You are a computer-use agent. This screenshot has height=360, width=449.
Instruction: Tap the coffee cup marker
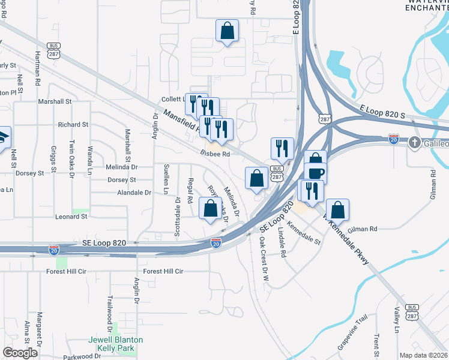pyautogui.click(x=315, y=173)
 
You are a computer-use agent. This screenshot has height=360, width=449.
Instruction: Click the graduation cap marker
pyautogui.click(x=2, y=136)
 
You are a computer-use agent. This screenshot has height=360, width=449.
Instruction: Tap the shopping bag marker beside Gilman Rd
pyautogui.click(x=337, y=210)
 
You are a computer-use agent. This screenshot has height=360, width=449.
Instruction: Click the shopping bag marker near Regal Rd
pyautogui.click(x=210, y=209)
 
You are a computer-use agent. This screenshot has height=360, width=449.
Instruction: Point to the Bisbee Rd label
pyautogui.click(x=216, y=154)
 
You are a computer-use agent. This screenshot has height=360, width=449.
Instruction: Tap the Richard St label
pyautogui.click(x=73, y=125)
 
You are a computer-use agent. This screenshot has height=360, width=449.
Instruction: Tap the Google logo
pyautogui.click(x=20, y=353)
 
